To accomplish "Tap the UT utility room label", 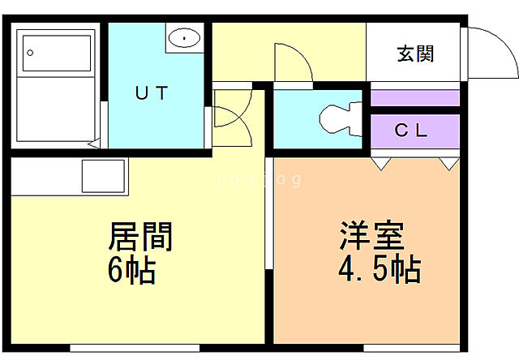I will [152, 93].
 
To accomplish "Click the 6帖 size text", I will [131, 269].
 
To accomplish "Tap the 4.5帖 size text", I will [379, 268].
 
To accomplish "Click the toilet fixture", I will [340, 119].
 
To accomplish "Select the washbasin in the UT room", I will [186, 37].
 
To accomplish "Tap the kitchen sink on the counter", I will [103, 176].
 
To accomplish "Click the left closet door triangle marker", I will [380, 164].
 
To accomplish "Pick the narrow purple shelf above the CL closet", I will [414, 98].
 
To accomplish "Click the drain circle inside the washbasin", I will [186, 37].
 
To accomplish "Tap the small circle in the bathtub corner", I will [30, 53].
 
